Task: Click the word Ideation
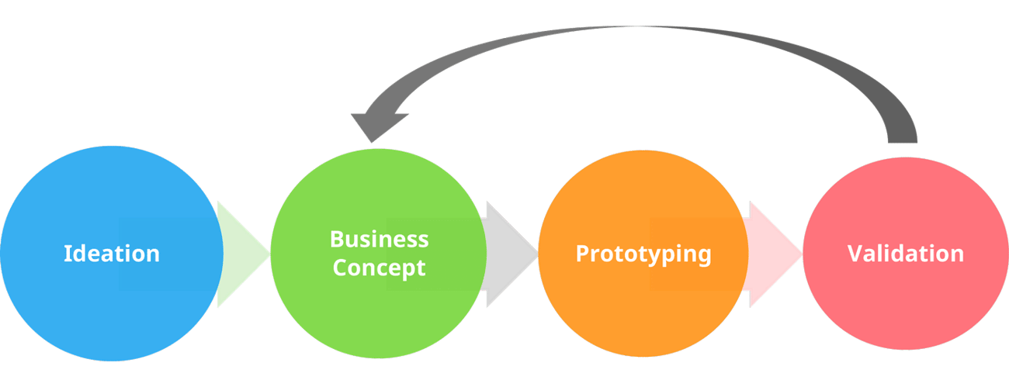112,254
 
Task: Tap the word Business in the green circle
379,239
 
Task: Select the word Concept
379,268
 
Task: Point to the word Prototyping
643,254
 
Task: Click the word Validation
905,254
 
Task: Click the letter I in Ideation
67,254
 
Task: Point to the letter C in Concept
339,268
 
